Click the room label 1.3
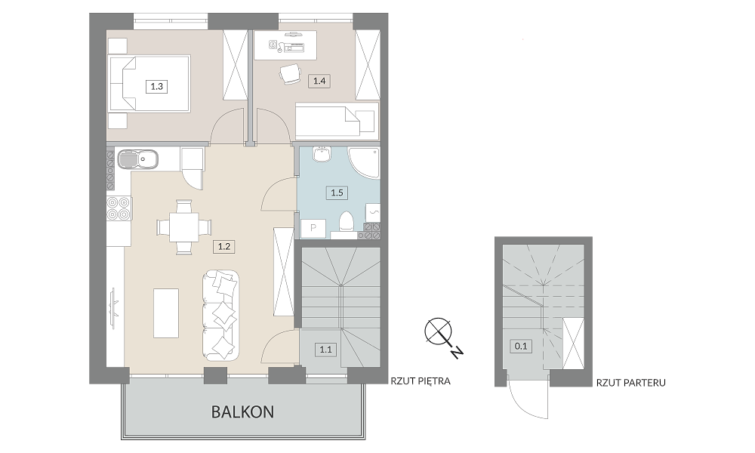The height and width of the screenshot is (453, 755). tap(156, 87)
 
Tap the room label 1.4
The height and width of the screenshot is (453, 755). tap(319, 81)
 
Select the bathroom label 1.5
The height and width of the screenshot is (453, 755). tap(337, 193)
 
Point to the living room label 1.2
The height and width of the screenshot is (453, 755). tap(224, 246)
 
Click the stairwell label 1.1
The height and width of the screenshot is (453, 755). tap(325, 349)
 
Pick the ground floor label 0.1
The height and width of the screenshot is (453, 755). tap(521, 346)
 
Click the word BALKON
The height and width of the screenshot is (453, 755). tap(242, 412)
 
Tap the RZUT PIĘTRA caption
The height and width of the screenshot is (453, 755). tap(421, 381)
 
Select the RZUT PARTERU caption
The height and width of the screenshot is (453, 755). tap(630, 384)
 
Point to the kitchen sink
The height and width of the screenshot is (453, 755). tap(137, 159)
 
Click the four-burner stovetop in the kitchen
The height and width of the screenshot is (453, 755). tap(119, 209)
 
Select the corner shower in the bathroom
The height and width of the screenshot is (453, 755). tap(365, 163)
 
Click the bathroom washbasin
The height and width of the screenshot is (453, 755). tap(321, 154)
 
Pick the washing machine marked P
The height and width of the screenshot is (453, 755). tap(313, 228)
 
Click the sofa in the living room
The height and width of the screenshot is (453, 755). tap(220, 315)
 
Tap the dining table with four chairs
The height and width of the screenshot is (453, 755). tap(184, 226)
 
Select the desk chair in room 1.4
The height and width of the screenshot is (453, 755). tap(290, 74)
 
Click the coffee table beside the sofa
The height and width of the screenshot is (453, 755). tap(166, 313)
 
